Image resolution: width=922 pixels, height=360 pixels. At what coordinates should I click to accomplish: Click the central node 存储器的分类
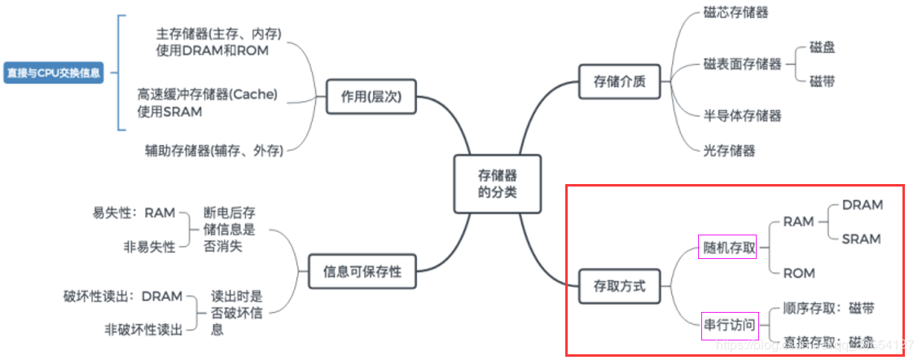pos(497,183)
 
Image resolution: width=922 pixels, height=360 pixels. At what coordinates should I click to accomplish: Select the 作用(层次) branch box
pos(371,97)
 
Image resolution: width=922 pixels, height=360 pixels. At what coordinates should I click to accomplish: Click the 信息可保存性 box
pos(362,270)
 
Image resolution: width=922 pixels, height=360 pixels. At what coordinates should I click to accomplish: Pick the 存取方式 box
pos(619,286)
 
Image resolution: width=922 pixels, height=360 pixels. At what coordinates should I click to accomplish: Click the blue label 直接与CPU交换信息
pos(54,72)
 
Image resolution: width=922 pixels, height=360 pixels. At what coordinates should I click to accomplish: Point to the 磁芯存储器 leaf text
pos(735,12)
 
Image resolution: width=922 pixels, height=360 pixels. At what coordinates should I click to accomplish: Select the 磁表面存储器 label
pos(742,64)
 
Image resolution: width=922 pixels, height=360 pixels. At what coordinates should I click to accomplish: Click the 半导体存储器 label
pos(742,116)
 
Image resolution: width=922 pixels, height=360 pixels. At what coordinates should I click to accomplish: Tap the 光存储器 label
pos(729,150)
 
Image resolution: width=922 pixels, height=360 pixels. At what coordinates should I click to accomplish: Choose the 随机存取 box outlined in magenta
pos(728,247)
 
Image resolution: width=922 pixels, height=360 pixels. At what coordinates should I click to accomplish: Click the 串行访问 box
pos(728,325)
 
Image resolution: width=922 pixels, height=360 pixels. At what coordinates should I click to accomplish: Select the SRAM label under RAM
pos(862,239)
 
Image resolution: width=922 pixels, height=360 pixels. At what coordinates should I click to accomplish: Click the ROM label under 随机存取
pos(798,273)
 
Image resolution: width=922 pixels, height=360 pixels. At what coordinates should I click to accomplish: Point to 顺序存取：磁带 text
pos(828,308)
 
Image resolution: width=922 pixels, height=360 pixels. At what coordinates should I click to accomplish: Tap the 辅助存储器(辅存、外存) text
pos(214,150)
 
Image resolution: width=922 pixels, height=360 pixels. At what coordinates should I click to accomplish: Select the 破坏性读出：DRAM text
pos(122,296)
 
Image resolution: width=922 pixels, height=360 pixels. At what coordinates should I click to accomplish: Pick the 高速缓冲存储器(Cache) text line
pos(207,95)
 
